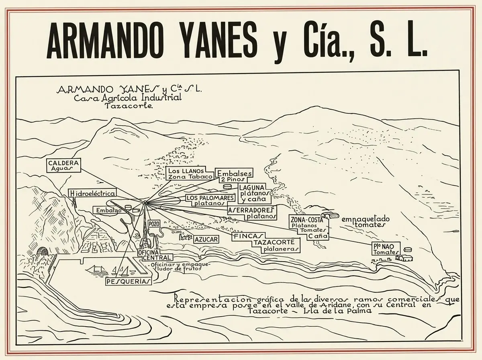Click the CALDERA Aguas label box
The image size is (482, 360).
click(x=63, y=166)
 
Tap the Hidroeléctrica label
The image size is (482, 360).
click(x=93, y=193)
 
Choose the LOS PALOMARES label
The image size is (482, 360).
click(x=210, y=200)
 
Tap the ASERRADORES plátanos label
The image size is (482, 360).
click(x=252, y=213)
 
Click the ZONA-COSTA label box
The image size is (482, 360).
click(x=309, y=227)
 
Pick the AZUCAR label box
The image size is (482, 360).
click(x=206, y=239)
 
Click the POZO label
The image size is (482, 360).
click(x=154, y=223)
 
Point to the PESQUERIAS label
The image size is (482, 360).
click(x=129, y=281)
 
